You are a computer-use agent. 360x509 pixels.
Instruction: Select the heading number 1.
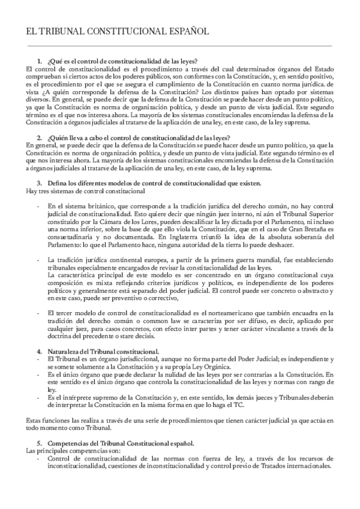point(40,61)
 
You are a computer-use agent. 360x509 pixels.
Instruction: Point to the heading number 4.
point(40,351)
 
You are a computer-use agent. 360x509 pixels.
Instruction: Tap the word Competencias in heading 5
point(68,441)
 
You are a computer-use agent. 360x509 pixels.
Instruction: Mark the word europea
point(141,260)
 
